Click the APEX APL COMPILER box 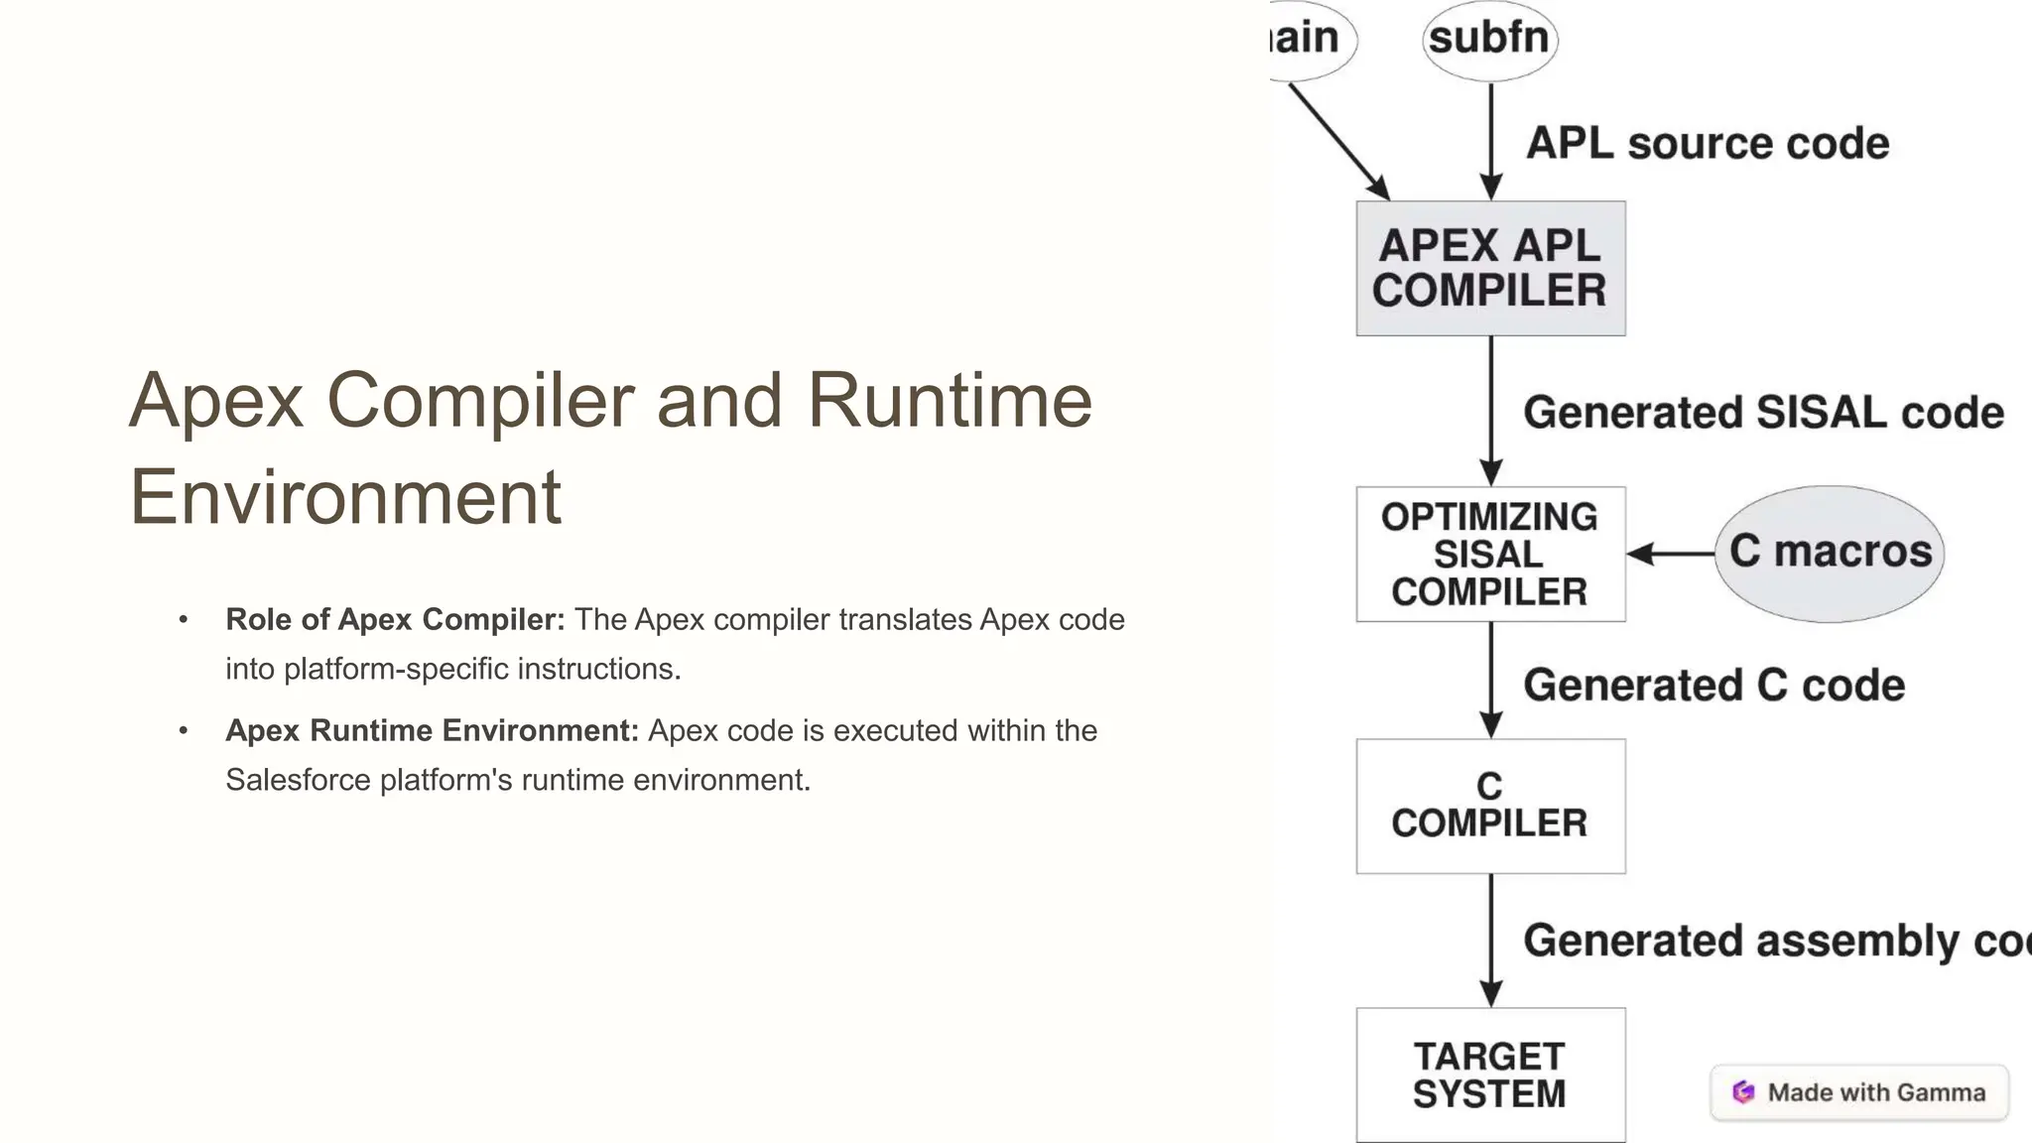[x=1490, y=268]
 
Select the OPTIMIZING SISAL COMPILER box [x=1490, y=554]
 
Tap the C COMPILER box [x=1490, y=806]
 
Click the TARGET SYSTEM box [x=1490, y=1076]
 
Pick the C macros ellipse [x=1830, y=553]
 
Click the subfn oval [x=1489, y=40]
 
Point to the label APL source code [x=1707, y=143]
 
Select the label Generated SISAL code [x=1763, y=413]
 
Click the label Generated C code [x=1714, y=686]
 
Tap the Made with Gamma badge [x=1859, y=1092]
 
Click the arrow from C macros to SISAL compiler [x=1671, y=554]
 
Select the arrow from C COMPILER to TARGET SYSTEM [x=1490, y=938]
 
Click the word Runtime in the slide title [x=950, y=400]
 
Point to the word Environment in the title [x=345, y=496]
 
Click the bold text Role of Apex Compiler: [x=395, y=619]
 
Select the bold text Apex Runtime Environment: [x=432, y=730]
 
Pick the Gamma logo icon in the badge [x=1743, y=1092]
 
